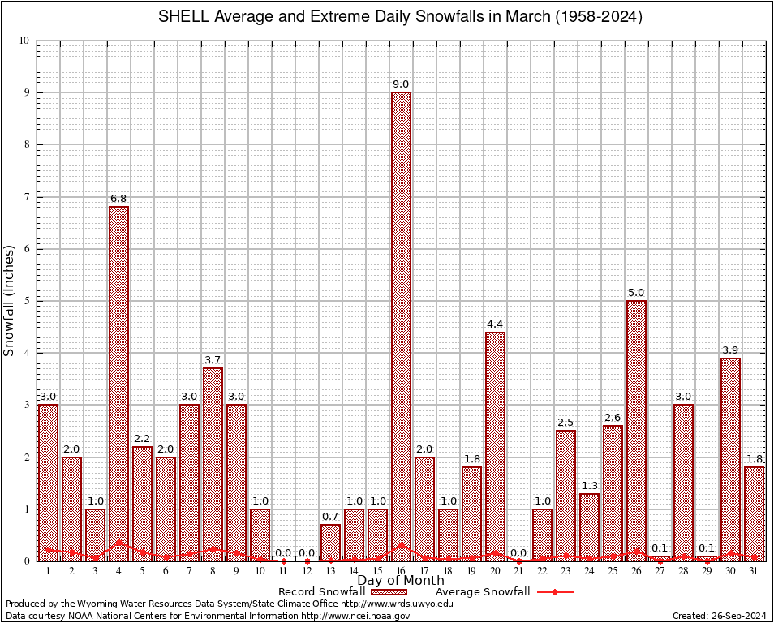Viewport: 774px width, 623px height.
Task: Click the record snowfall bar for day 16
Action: point(401,324)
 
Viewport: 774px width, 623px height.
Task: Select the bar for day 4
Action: point(118,381)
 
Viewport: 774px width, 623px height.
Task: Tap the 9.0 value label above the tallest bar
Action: point(401,84)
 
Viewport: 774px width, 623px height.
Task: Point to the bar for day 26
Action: point(636,430)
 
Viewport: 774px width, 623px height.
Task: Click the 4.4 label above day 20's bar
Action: point(495,324)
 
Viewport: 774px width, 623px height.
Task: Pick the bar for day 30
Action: point(730,458)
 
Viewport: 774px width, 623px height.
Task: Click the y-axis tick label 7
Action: point(26,197)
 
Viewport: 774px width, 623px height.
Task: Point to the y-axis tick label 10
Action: point(24,41)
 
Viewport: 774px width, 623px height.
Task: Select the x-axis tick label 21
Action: point(518,571)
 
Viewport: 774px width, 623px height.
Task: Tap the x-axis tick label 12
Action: point(307,571)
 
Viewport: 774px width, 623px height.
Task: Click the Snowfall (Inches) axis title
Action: point(9,300)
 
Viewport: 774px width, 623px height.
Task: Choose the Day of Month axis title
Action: point(401,581)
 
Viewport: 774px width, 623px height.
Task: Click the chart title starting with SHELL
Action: point(399,17)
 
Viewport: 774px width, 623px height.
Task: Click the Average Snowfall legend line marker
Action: point(554,592)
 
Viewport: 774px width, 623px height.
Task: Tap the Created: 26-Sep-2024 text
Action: point(719,617)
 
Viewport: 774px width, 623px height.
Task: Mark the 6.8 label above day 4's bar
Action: point(118,199)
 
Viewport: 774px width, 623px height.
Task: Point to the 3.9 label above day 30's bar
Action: point(730,350)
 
